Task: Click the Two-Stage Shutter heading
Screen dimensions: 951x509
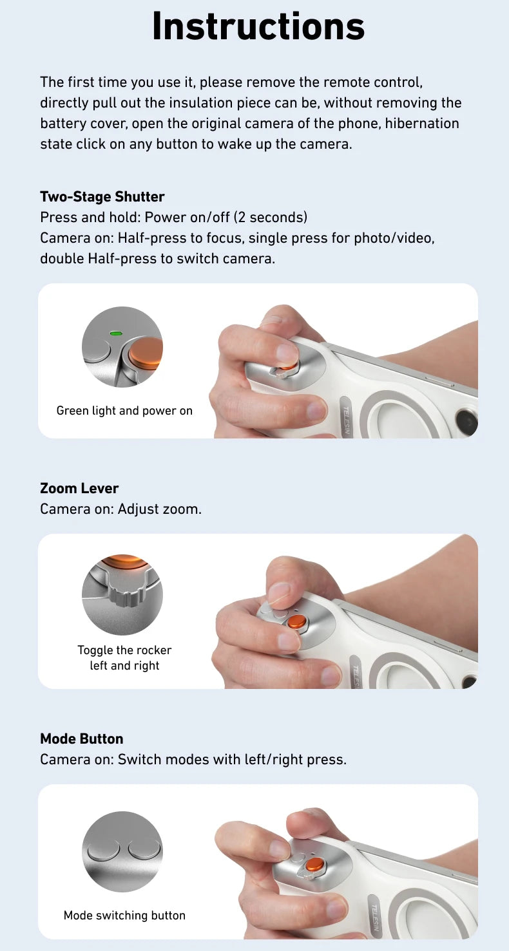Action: [x=102, y=196]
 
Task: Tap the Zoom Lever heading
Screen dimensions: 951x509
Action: [x=79, y=488]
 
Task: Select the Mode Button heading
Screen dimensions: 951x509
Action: [x=81, y=739]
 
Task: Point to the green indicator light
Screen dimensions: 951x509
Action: [x=116, y=334]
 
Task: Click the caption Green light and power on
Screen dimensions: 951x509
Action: [x=124, y=411]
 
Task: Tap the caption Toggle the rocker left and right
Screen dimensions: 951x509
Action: [x=124, y=657]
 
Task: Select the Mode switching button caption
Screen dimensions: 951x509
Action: [x=124, y=915]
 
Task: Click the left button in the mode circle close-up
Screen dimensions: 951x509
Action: [x=103, y=849]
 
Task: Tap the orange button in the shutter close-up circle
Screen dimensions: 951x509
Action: [x=146, y=353]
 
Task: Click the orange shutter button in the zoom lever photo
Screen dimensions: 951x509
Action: [x=297, y=621]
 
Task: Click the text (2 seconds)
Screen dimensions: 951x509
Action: [x=271, y=217]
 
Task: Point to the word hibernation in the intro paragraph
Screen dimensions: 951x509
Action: [x=422, y=123]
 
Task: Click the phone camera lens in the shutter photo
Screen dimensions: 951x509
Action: [x=467, y=422]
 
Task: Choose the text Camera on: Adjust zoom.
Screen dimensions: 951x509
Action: [x=120, y=509]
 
